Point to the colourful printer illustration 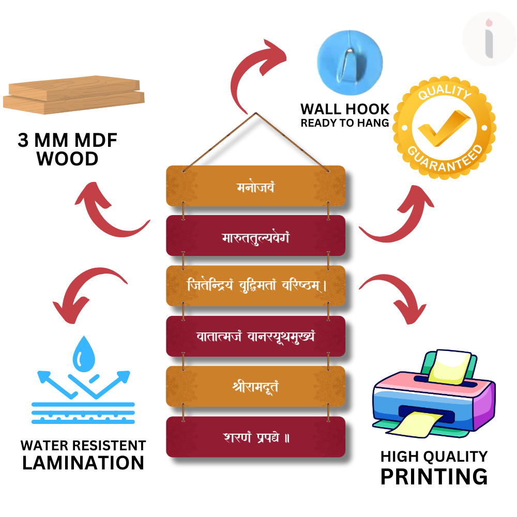433,396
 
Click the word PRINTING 434,476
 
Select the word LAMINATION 83,463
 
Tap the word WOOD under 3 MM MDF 67,159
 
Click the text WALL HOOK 345,109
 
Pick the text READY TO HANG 345,123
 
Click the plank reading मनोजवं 255,186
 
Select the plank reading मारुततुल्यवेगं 255,236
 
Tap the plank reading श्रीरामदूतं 255,386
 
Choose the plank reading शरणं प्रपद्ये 255,437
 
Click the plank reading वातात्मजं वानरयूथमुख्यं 255,336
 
